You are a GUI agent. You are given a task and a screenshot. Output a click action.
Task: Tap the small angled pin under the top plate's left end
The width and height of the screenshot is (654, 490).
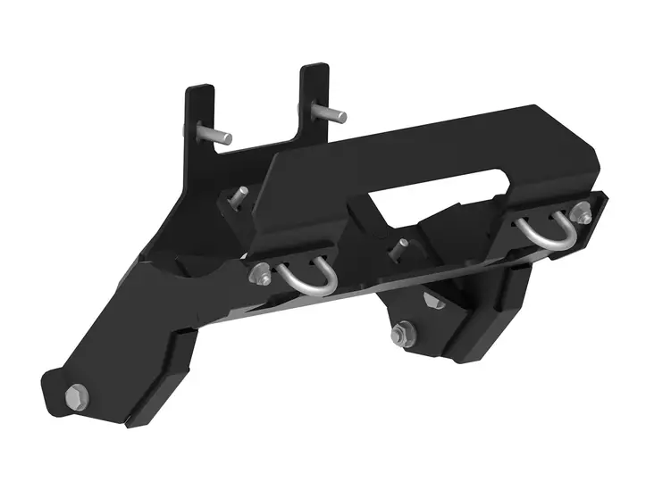click(x=239, y=196)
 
